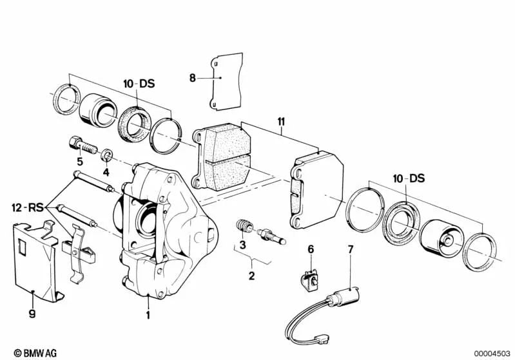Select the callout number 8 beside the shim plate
pyautogui.click(x=192, y=79)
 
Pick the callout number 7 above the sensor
pyautogui.click(x=350, y=249)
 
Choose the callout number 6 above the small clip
pyautogui.click(x=310, y=249)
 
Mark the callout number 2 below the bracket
pyautogui.click(x=251, y=276)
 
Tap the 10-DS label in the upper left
pyautogui.click(x=140, y=84)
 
